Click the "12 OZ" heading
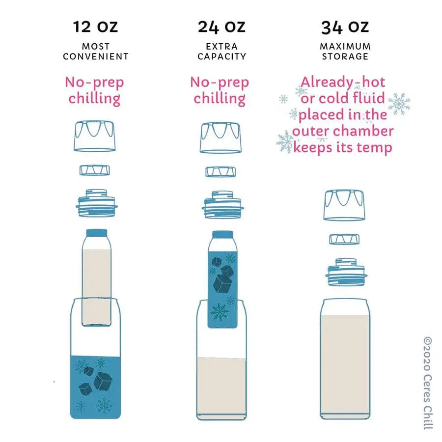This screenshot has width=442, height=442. pos(95,27)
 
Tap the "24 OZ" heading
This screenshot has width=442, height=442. pos(221,27)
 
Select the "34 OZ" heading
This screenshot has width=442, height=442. pos(345,28)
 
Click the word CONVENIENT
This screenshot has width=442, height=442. pos(96,56)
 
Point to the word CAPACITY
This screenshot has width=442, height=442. pos(221,56)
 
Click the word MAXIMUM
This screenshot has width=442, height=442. pos(345,46)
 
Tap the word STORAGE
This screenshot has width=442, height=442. pos(345,56)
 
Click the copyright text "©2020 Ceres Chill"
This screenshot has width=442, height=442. pos(428,383)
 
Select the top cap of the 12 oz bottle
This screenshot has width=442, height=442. pos(95,136)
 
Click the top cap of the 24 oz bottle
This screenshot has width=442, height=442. pos(221,138)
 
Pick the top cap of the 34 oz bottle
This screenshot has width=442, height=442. pos(344,205)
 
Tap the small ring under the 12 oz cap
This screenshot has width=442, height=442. pos(95,170)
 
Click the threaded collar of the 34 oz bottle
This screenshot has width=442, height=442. pos(346,272)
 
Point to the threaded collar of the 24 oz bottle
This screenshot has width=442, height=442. pos(222,205)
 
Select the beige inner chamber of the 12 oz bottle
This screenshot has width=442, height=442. pos(96,287)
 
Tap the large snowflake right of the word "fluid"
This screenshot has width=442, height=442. pos(399,104)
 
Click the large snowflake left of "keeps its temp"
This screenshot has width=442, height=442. pos(285,142)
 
